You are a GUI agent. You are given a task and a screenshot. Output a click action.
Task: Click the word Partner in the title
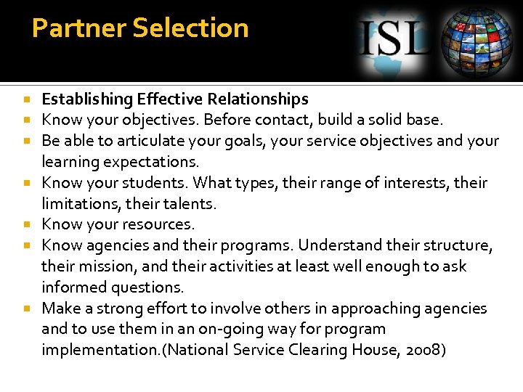coord(69,28)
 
